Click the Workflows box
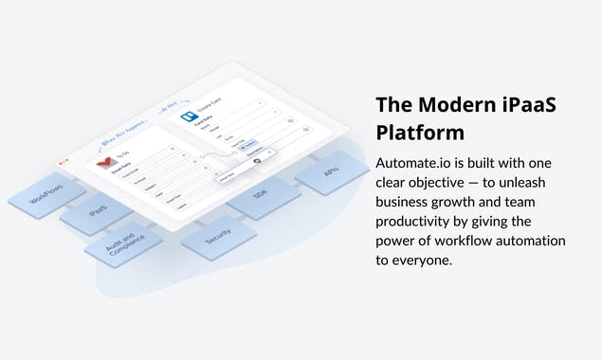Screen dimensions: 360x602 [45, 195]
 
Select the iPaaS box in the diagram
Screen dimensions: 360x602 [97, 214]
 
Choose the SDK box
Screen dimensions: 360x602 [260, 194]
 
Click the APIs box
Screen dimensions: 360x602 [331, 171]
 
